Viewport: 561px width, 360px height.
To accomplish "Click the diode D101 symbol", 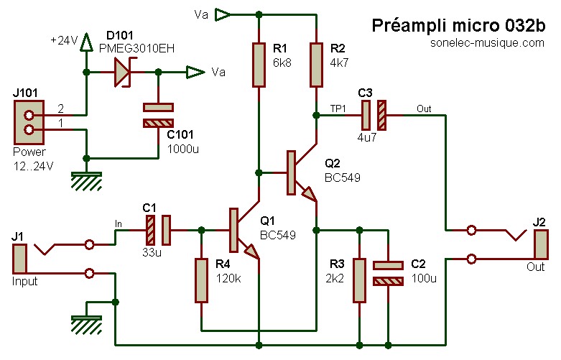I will click(124, 72).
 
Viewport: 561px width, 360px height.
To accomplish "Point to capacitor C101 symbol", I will click(159, 115).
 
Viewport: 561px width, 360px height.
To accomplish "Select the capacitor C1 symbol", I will click(158, 230).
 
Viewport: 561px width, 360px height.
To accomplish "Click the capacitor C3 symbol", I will click(374, 114).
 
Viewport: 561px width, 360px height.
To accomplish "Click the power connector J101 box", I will click(29, 123).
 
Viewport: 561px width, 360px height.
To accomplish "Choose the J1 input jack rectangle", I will click(19, 259).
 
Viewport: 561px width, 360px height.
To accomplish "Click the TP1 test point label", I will click(338, 108).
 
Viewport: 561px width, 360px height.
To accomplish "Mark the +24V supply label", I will click(64, 40).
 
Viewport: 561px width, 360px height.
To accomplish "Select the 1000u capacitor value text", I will click(183, 149).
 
